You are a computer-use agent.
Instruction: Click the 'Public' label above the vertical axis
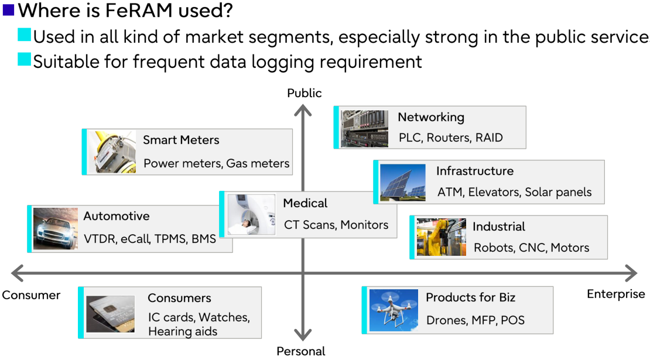pyautogui.click(x=305, y=93)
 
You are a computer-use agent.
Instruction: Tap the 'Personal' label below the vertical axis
pyautogui.click(x=301, y=351)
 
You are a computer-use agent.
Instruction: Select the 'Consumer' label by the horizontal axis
pyautogui.click(x=31, y=295)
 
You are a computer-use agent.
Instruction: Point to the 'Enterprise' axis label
pyautogui.click(x=615, y=294)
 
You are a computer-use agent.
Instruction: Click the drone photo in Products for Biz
pyautogui.click(x=394, y=310)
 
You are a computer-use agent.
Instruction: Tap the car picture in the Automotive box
pyautogui.click(x=56, y=229)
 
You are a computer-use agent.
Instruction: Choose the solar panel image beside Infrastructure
pyautogui.click(x=402, y=182)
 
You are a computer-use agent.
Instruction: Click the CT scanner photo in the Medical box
pyautogui.click(x=251, y=215)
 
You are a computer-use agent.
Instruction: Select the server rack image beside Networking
pyautogui.click(x=364, y=128)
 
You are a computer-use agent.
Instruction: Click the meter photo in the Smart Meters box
pyautogui.click(x=112, y=152)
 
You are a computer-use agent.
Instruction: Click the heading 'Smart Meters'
pyautogui.click(x=181, y=140)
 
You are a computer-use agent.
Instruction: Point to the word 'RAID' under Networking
pyautogui.click(x=489, y=138)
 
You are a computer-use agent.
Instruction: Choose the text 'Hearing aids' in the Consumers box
pyautogui.click(x=182, y=331)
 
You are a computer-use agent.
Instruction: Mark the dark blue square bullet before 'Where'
pyautogui.click(x=8, y=9)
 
